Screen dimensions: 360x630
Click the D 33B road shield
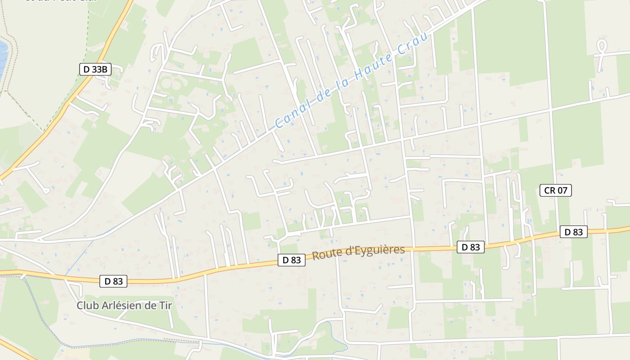(x=95, y=69)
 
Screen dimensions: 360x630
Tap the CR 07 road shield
(x=555, y=190)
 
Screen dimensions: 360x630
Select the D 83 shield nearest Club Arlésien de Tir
(x=113, y=281)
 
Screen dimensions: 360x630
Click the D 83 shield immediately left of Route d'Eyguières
(x=292, y=260)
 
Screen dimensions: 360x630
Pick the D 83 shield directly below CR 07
(x=573, y=232)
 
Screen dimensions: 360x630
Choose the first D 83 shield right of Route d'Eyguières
(x=471, y=247)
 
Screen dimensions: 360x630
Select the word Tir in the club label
(x=165, y=306)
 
